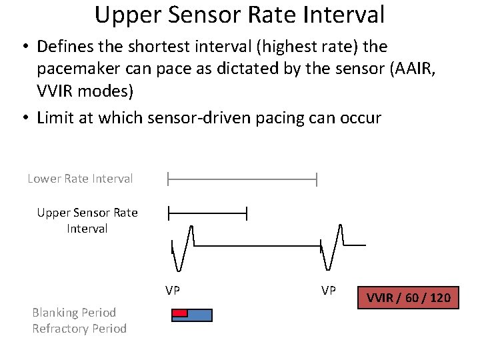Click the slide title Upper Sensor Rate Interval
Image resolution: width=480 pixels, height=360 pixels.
[x=239, y=15]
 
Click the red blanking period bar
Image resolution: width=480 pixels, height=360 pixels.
[x=179, y=312]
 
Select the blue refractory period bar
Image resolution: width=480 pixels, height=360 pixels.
[x=199, y=315]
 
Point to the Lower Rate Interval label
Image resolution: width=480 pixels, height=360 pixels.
[x=80, y=179]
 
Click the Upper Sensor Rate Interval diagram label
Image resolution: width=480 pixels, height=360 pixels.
[x=87, y=221]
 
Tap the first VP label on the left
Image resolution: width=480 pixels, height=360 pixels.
[x=173, y=291]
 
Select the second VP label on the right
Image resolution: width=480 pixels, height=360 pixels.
[x=328, y=291]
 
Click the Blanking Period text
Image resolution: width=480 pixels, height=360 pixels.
[x=74, y=312]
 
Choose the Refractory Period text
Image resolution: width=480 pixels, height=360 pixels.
[x=79, y=329]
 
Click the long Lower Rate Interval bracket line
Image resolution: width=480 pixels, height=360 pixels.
[x=242, y=179]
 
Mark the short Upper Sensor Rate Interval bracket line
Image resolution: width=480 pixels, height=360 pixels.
[x=207, y=213]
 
